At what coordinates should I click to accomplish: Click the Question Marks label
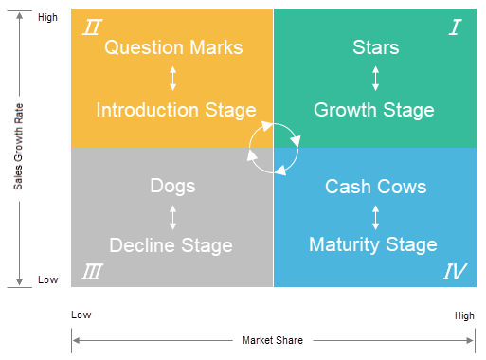[173, 47]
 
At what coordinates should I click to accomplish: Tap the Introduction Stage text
[175, 110]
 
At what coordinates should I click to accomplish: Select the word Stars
[375, 47]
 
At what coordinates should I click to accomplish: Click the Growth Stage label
[374, 110]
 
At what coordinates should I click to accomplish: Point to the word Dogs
[172, 186]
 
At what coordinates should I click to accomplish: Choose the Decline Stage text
[171, 245]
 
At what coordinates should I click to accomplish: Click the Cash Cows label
[375, 187]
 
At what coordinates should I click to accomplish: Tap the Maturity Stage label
[373, 245]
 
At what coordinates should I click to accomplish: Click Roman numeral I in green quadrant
[455, 27]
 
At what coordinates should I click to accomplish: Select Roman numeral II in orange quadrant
[91, 27]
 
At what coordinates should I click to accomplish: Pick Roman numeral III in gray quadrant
[92, 273]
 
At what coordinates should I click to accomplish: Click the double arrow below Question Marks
[172, 79]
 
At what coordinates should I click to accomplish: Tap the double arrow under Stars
[375, 79]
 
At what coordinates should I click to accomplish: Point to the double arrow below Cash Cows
[375, 216]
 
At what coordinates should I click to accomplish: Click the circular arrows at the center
[273, 147]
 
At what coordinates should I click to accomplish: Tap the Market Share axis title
[272, 341]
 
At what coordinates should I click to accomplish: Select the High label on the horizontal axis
[463, 315]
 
